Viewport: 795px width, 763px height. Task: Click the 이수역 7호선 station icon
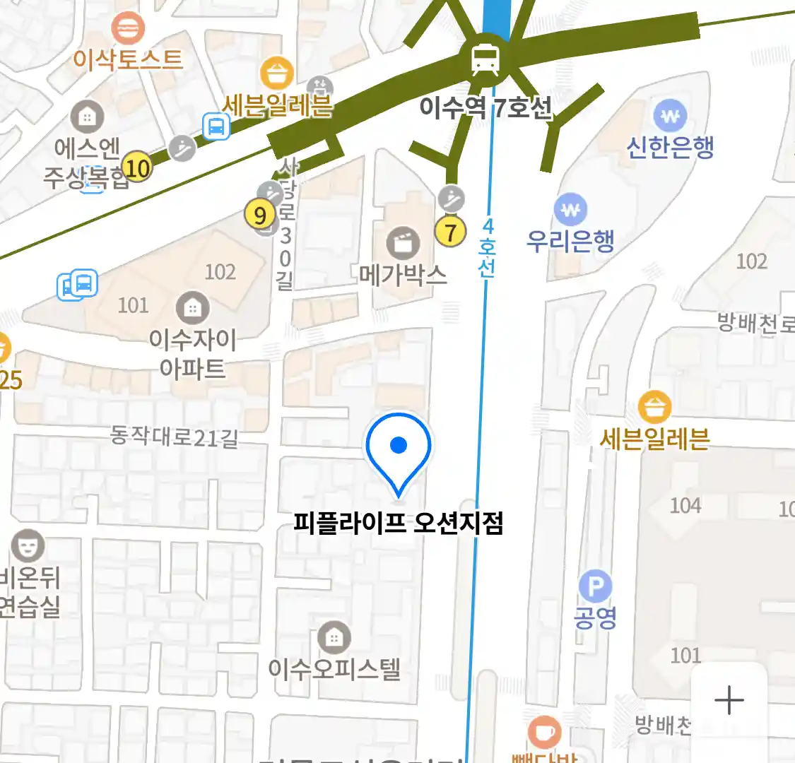485,59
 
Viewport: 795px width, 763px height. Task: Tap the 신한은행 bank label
670,147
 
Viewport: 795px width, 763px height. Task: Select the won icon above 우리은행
571,209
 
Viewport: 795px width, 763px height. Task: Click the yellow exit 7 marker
450,231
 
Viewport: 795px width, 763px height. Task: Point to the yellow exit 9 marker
260,215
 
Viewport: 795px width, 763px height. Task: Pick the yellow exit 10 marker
137,168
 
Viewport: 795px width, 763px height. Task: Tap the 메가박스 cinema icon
403,244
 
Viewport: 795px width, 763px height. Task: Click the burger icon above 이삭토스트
128,28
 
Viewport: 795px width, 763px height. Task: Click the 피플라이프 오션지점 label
399,524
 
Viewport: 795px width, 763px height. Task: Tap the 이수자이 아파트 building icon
192,307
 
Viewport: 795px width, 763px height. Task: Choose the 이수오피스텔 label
334,668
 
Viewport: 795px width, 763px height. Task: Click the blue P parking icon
595,587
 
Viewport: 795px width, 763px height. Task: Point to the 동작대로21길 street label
175,437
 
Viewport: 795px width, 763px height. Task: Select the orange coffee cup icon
545,733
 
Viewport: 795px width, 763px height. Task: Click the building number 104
685,505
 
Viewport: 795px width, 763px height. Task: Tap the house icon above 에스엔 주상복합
87,117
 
